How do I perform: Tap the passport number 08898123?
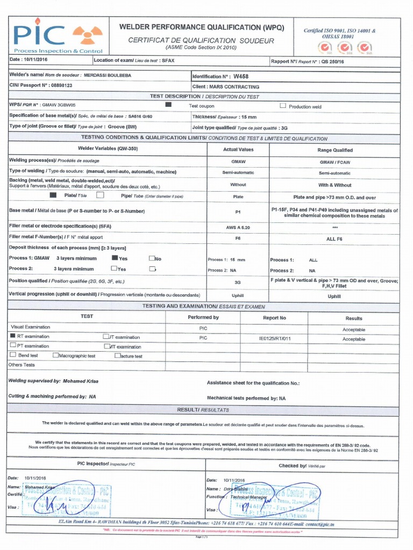[x=60, y=85]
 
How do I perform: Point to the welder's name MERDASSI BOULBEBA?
[x=108, y=76]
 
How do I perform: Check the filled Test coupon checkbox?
[x=168, y=105]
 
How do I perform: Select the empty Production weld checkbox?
[x=283, y=106]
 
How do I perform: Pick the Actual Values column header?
[x=238, y=150]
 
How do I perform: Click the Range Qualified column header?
[x=334, y=150]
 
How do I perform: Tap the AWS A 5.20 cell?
[x=238, y=227]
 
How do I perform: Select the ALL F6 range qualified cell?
[x=334, y=238]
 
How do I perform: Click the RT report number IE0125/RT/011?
[x=275, y=339]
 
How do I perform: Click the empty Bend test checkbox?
[x=13, y=355]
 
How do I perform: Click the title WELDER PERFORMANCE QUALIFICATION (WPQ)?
[x=201, y=27]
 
